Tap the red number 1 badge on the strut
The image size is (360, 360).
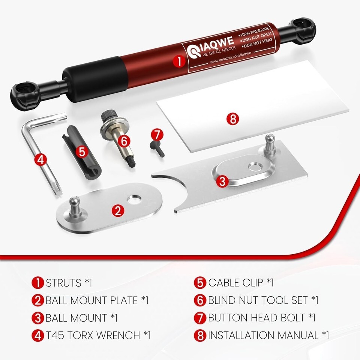click(179, 61)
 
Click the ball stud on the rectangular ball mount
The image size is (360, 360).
click(270, 144)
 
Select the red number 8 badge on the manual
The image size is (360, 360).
click(233, 119)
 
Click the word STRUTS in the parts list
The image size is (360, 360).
click(64, 283)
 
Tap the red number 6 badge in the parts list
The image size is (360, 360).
click(200, 300)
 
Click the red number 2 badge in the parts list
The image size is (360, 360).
click(37, 300)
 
